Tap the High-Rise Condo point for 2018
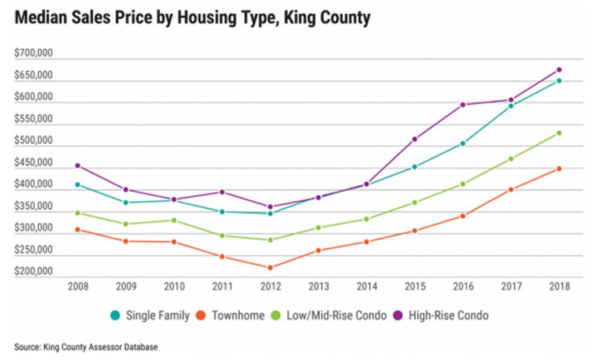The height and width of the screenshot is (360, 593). point(559,69)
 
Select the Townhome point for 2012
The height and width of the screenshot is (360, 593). point(270,267)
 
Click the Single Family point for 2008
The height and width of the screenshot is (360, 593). point(76,185)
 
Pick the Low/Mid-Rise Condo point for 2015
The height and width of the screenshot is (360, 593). point(414,203)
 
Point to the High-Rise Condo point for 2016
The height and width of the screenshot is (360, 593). point(463,105)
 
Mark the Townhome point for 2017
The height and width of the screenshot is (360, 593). point(511,189)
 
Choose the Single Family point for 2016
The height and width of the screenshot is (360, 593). point(463,144)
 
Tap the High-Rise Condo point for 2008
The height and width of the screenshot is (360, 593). point(76,166)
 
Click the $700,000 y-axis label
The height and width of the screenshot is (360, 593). point(34,54)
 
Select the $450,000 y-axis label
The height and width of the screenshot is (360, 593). point(34,163)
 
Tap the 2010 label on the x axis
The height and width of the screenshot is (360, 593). point(173,286)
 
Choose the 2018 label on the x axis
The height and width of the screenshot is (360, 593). point(559,286)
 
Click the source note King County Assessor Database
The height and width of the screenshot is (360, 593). point(86,347)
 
